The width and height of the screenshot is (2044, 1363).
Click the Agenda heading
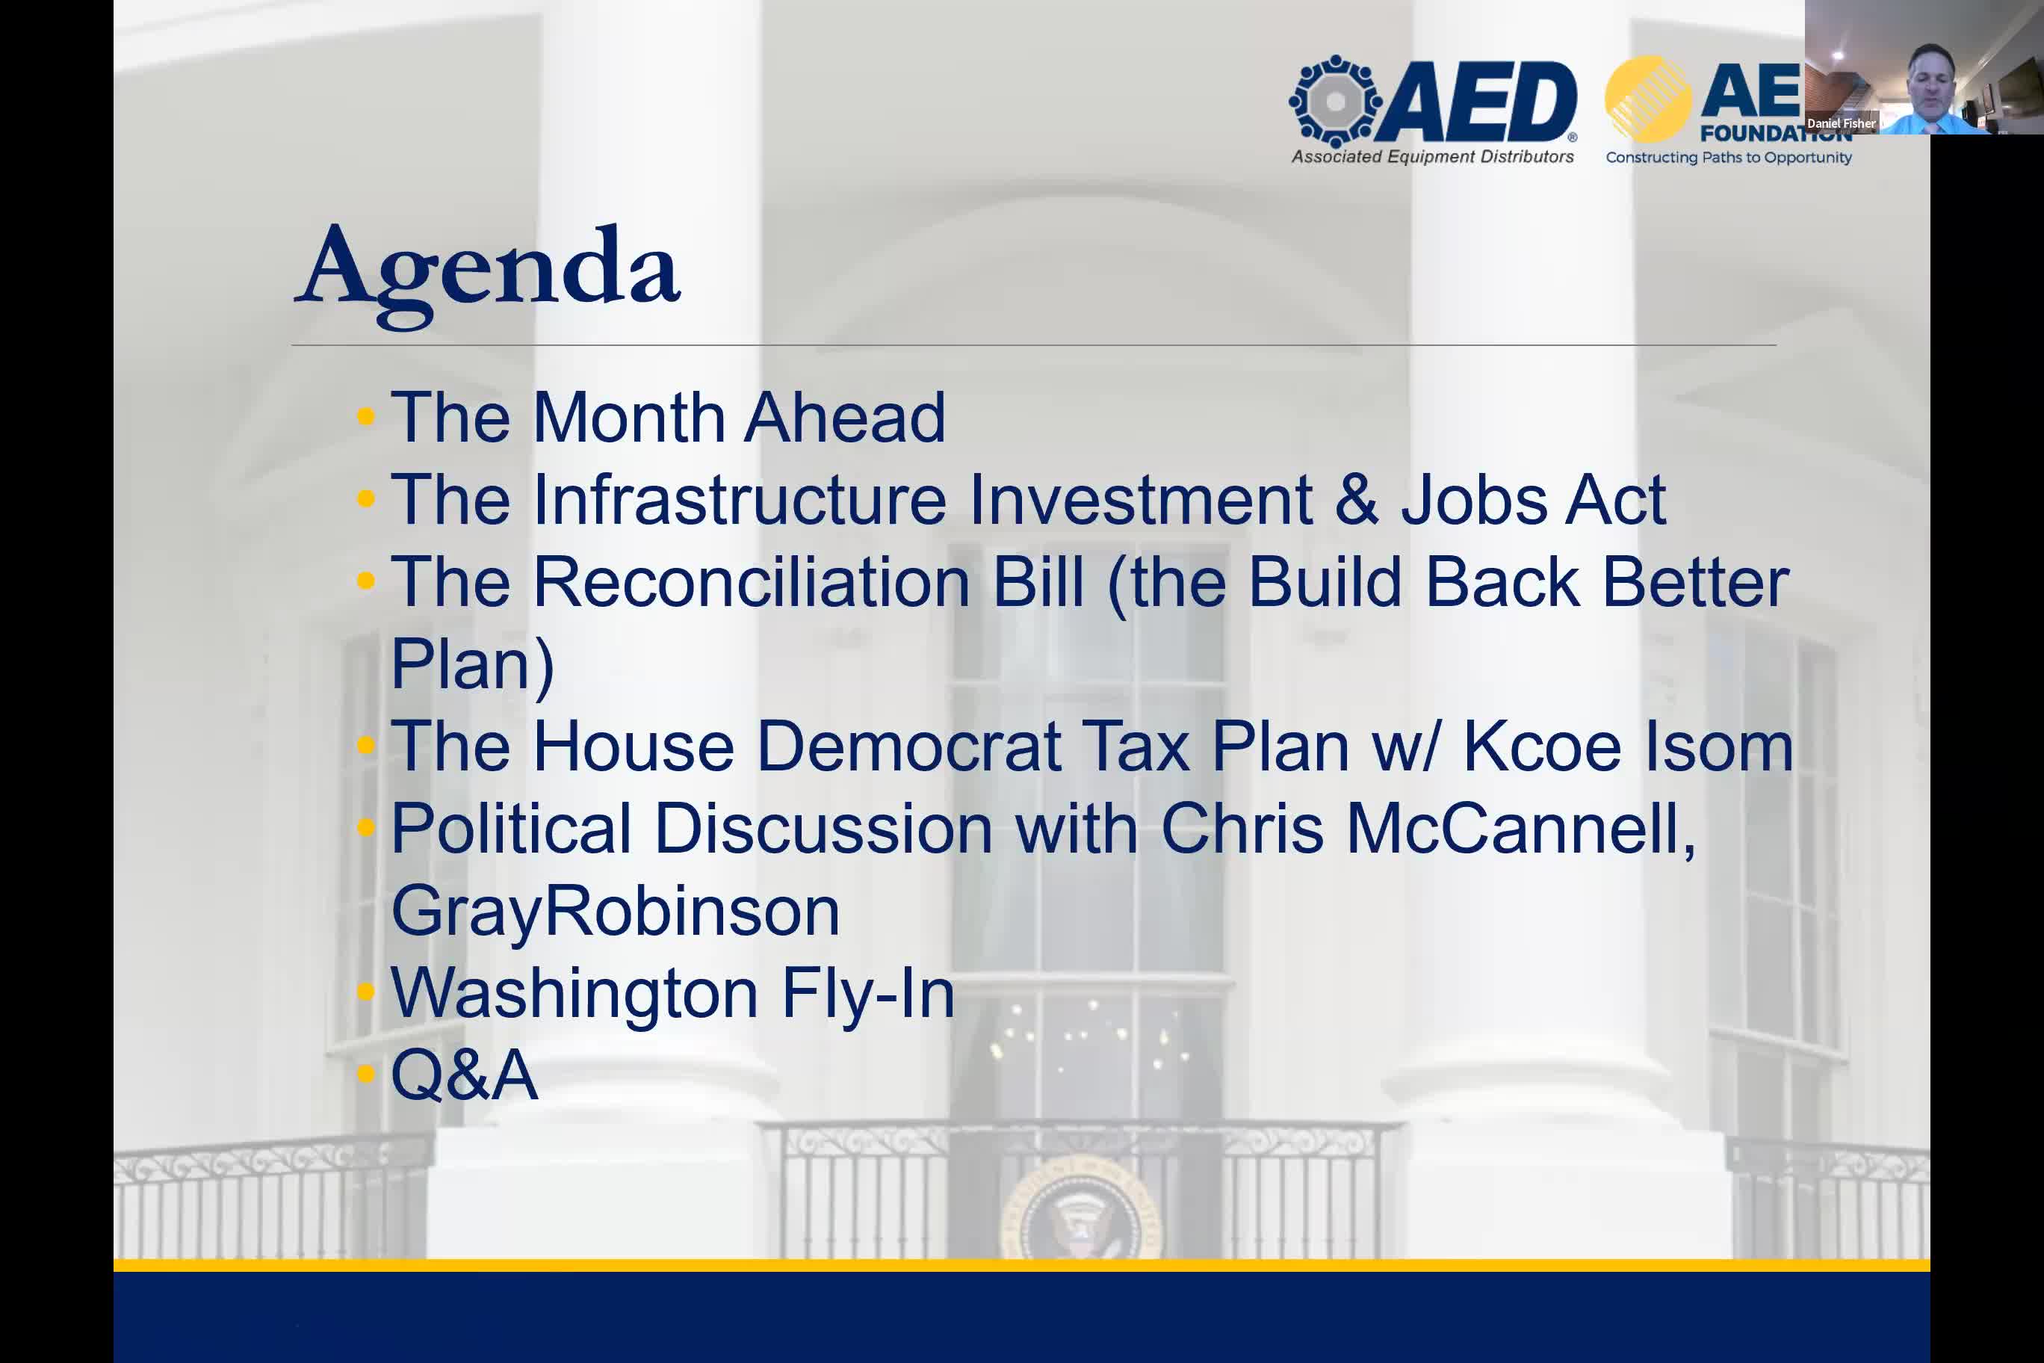tap(488, 273)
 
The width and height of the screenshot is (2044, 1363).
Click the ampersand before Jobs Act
tap(1357, 500)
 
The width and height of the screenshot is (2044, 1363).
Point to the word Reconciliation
tap(751, 581)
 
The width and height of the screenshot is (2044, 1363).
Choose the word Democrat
tap(909, 747)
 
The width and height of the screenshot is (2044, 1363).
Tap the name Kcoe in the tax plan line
tap(1542, 747)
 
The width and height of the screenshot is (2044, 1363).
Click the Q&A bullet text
tap(465, 1075)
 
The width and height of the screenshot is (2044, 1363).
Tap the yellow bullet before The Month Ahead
tap(366, 416)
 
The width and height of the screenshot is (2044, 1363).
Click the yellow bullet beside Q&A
tap(366, 1075)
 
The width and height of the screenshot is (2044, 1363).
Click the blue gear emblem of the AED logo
tap(1336, 102)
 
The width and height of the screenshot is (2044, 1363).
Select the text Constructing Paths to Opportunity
tap(1729, 158)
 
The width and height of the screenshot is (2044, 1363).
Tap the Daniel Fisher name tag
tap(1842, 123)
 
